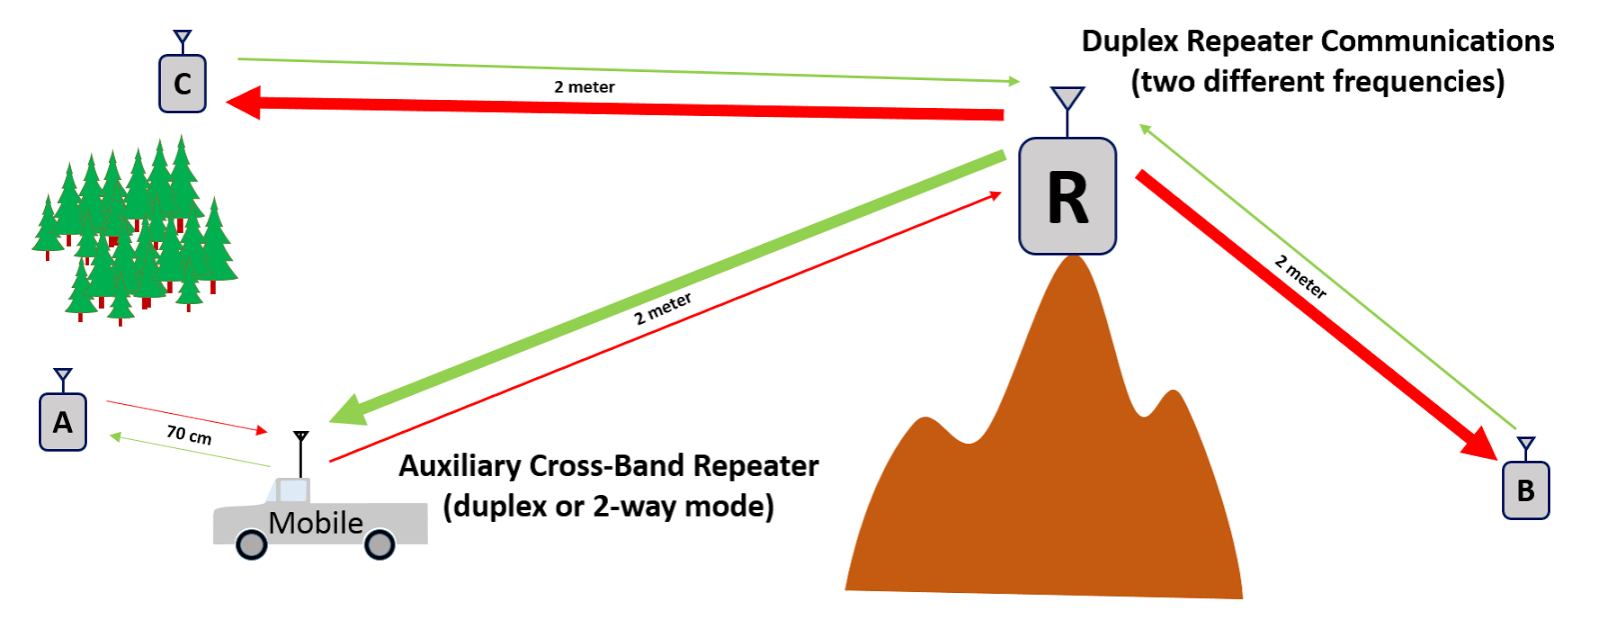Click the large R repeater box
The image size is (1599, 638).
[1067, 196]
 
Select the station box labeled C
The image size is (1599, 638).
[182, 84]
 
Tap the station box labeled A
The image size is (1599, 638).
[62, 422]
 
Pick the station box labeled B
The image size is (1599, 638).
[1525, 490]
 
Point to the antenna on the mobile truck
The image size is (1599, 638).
[301, 451]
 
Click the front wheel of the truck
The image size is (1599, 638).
[251, 544]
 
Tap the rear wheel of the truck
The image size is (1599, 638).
[379, 544]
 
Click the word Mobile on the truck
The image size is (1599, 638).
[316, 523]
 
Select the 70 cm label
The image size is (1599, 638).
[189, 435]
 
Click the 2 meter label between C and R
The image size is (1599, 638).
[585, 87]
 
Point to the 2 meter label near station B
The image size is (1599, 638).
[1300, 277]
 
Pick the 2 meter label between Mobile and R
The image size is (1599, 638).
[663, 309]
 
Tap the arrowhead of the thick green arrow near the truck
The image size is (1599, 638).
[349, 410]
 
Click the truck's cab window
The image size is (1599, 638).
[292, 490]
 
